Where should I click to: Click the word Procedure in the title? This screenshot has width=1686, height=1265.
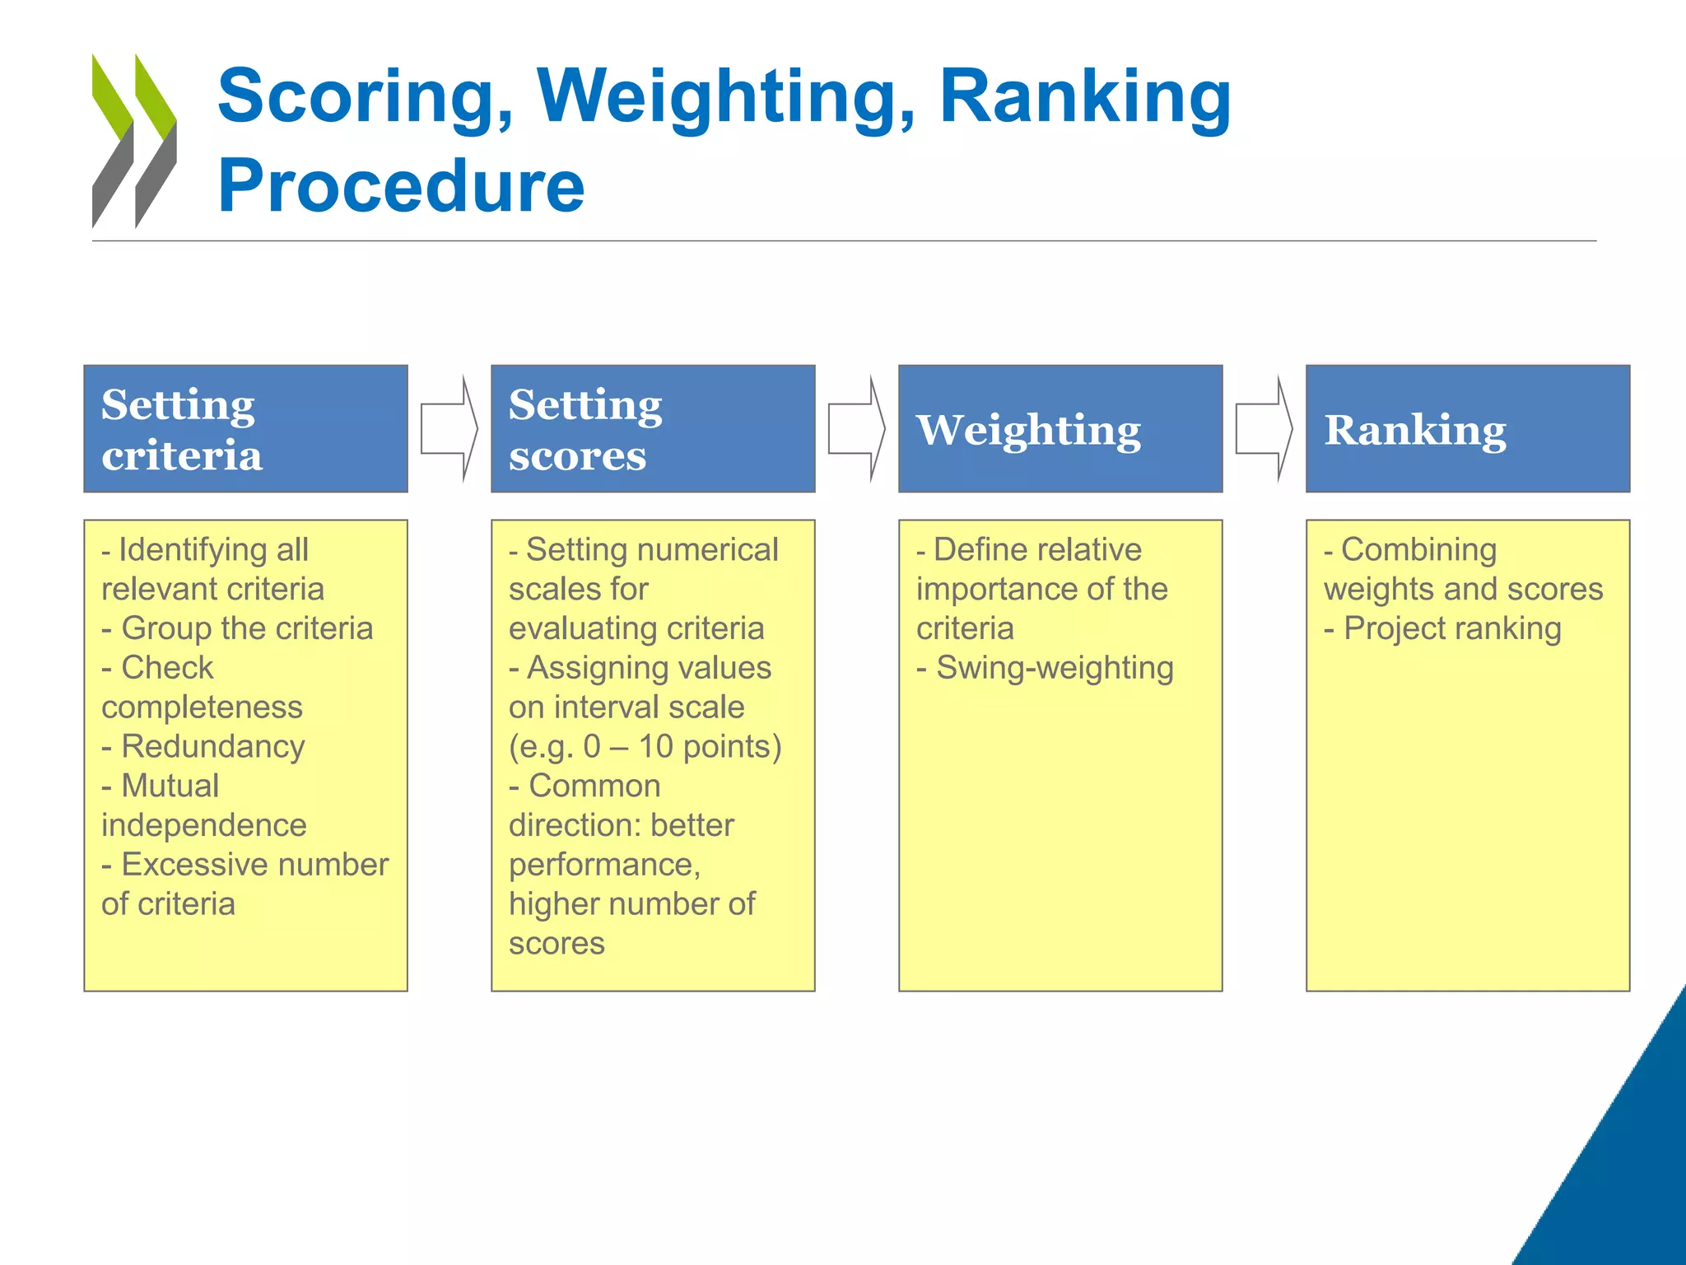pyautogui.click(x=401, y=186)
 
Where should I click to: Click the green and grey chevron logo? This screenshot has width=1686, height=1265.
pyautogui.click(x=134, y=141)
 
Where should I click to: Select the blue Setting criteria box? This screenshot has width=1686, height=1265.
pyautogui.click(x=245, y=428)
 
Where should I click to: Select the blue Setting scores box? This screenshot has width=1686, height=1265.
pyautogui.click(x=652, y=428)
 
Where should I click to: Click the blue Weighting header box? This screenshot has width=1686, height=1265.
pyautogui.click(x=1060, y=428)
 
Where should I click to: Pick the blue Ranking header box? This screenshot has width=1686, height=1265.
pyautogui.click(x=1467, y=428)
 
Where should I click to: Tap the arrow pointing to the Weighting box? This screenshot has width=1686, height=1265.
pyautogui.click(x=856, y=428)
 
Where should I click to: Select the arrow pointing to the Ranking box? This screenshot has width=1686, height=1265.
pyautogui.click(x=1264, y=428)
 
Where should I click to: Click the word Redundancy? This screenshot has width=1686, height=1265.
pyautogui.click(x=213, y=746)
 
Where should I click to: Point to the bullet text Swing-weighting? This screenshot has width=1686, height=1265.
pyautogui.click(x=1055, y=668)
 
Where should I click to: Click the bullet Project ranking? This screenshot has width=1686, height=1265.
pyautogui.click(x=1452, y=628)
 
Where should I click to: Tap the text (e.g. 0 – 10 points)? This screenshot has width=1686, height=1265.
pyautogui.click(x=645, y=746)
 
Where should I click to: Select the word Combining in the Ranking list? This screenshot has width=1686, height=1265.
pyautogui.click(x=1418, y=549)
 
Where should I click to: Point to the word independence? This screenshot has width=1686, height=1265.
pyautogui.click(x=203, y=825)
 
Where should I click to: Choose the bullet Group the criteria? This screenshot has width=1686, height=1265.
pyautogui.click(x=246, y=628)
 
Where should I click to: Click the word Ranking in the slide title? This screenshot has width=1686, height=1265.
pyautogui.click(x=1084, y=97)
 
